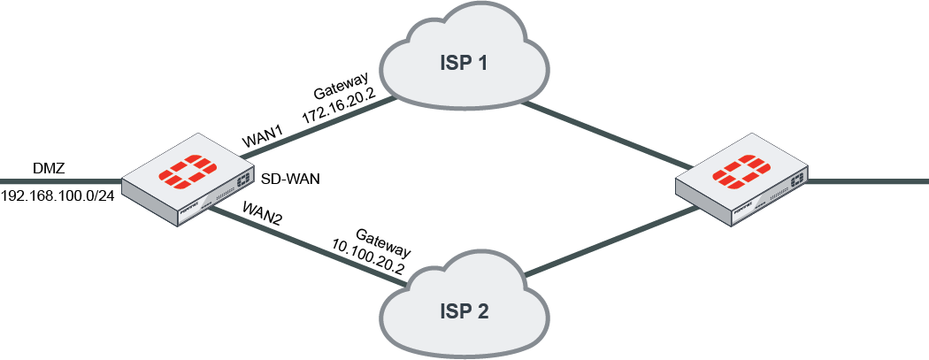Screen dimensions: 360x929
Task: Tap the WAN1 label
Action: click(x=262, y=138)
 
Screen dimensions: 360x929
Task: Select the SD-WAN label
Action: click(x=289, y=178)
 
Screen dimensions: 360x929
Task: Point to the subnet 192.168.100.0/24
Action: click(x=58, y=195)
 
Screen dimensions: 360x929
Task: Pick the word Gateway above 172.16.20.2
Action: click(x=341, y=91)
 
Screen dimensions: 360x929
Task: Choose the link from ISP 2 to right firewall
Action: click(x=610, y=240)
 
